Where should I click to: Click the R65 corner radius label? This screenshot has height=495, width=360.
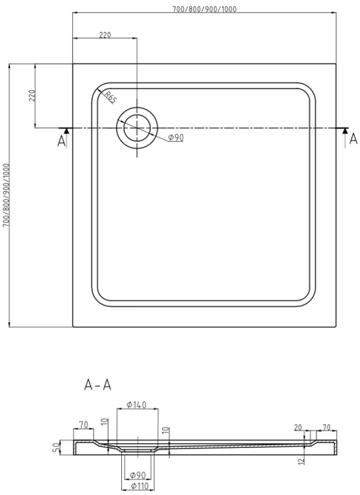(110, 97)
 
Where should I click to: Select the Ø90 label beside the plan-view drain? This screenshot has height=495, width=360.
(176, 138)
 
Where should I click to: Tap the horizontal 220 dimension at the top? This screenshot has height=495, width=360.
(105, 35)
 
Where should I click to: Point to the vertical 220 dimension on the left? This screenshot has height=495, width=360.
(32, 95)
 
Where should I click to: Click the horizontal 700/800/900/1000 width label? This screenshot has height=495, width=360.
(204, 9)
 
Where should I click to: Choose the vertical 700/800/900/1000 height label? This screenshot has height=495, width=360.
(6, 195)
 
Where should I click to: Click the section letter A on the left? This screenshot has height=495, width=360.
(61, 141)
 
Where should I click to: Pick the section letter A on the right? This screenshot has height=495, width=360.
(353, 139)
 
